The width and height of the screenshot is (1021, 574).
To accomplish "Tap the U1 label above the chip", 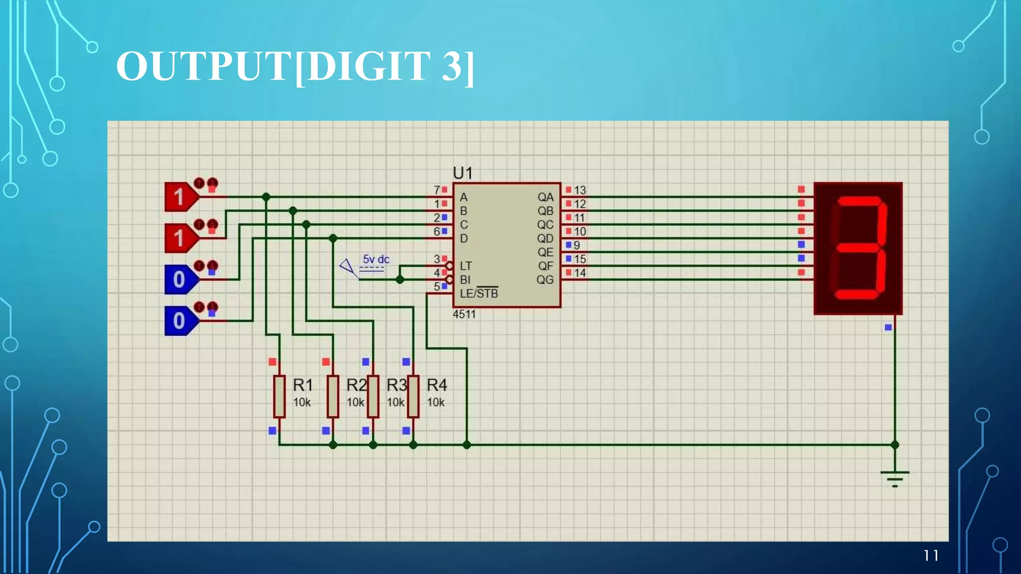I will click(x=463, y=173).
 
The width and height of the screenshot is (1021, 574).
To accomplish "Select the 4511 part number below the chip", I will click(x=464, y=314).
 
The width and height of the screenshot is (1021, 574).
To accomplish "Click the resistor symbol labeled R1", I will click(x=279, y=396).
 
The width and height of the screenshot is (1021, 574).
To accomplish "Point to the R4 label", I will click(x=437, y=385).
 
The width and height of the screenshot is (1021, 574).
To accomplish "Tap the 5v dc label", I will click(x=376, y=259).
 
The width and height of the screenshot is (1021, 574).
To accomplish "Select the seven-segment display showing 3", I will click(x=858, y=248).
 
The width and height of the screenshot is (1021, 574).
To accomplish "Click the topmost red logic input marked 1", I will click(x=180, y=197).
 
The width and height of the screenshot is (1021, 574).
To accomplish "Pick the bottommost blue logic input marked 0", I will click(x=180, y=321).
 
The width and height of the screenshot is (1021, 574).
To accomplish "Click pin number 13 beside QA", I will click(x=580, y=190).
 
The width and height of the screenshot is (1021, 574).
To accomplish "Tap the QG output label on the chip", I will click(x=545, y=280).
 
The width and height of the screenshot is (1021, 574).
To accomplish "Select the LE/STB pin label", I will click(x=479, y=293).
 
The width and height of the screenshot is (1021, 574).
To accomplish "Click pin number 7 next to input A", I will click(x=437, y=190).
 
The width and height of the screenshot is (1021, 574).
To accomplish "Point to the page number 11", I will click(x=931, y=556).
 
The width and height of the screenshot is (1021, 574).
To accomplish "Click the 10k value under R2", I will click(x=355, y=402).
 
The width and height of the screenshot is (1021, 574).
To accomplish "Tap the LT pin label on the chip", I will click(x=466, y=266).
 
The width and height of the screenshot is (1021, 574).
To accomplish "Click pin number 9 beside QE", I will click(x=577, y=245).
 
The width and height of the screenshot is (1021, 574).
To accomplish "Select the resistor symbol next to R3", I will click(x=373, y=396).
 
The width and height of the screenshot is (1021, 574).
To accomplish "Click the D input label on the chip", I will click(x=464, y=239).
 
